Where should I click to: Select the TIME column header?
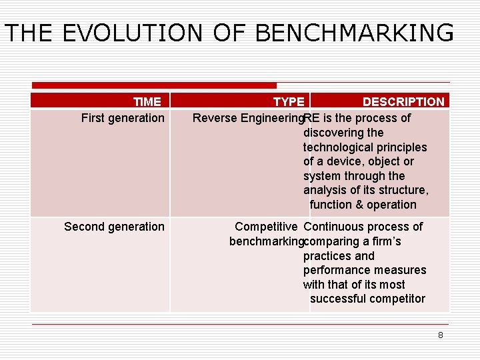click(147, 102)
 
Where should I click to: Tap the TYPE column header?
click(289, 102)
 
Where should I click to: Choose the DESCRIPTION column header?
click(403, 102)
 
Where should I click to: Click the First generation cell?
click(123, 118)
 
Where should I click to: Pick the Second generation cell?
click(114, 227)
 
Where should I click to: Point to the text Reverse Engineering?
click(247, 118)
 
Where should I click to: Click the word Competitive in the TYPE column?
click(266, 227)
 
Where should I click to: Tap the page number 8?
click(440, 335)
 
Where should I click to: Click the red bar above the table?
click(154, 85)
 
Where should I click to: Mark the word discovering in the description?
click(333, 133)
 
